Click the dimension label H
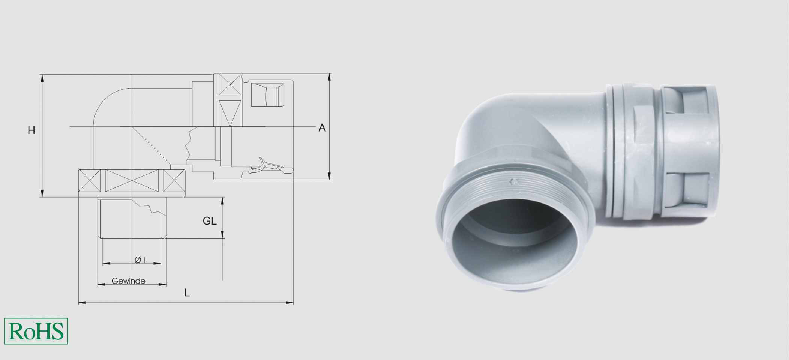point(31,130)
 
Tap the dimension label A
point(322,128)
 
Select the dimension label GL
point(209,221)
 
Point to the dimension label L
point(187,293)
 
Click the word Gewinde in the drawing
point(128,281)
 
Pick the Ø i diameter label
point(139,259)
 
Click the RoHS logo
point(36,331)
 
